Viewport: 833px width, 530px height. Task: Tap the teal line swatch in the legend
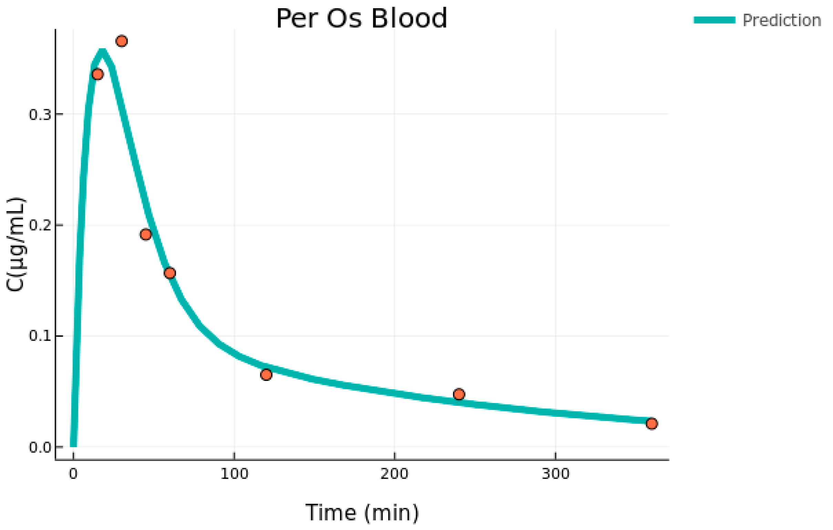click(x=714, y=20)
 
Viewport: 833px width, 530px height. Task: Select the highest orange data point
click(x=121, y=41)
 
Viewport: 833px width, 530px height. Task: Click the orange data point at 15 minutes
click(x=97, y=74)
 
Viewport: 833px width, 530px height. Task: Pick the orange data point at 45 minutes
click(x=146, y=235)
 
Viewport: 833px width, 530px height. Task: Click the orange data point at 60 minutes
click(x=169, y=273)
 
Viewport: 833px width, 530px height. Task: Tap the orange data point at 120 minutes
click(x=266, y=374)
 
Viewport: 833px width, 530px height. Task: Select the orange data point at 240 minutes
click(x=459, y=394)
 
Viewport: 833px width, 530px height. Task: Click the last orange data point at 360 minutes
click(x=651, y=424)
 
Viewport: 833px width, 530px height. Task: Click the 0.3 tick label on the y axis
click(x=40, y=114)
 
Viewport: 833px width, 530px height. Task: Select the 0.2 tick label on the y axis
click(x=40, y=226)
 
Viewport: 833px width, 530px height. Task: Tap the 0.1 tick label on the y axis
click(x=40, y=336)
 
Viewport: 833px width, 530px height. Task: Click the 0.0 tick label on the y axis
click(x=40, y=447)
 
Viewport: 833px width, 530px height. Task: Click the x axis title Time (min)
click(x=362, y=512)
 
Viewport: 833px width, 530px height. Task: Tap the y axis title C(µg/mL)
click(x=16, y=244)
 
